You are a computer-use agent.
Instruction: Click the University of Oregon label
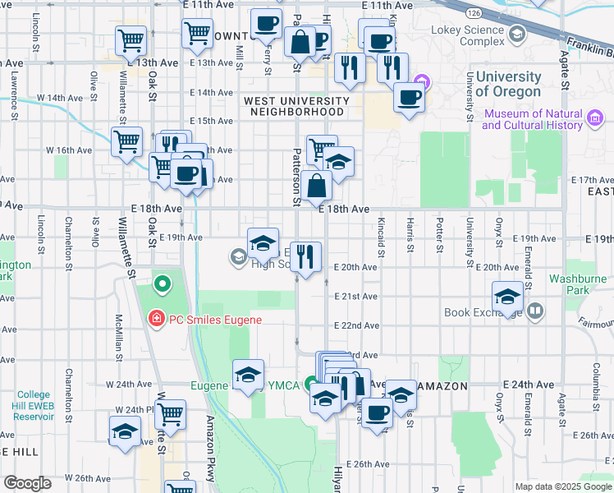[x=508, y=85]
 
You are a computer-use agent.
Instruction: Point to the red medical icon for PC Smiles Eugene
[x=155, y=319]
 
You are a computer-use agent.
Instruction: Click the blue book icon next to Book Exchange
[x=535, y=311]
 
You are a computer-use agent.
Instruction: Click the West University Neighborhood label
[x=296, y=106]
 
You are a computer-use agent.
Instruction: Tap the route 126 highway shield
[x=476, y=13]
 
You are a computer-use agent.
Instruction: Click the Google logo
[x=27, y=483]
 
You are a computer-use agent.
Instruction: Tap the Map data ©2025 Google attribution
[x=562, y=486]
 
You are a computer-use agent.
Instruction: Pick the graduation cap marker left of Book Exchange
[x=507, y=297]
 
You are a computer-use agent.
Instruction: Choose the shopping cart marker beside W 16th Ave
[x=127, y=142]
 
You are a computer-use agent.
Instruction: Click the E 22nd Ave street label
[x=356, y=325]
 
